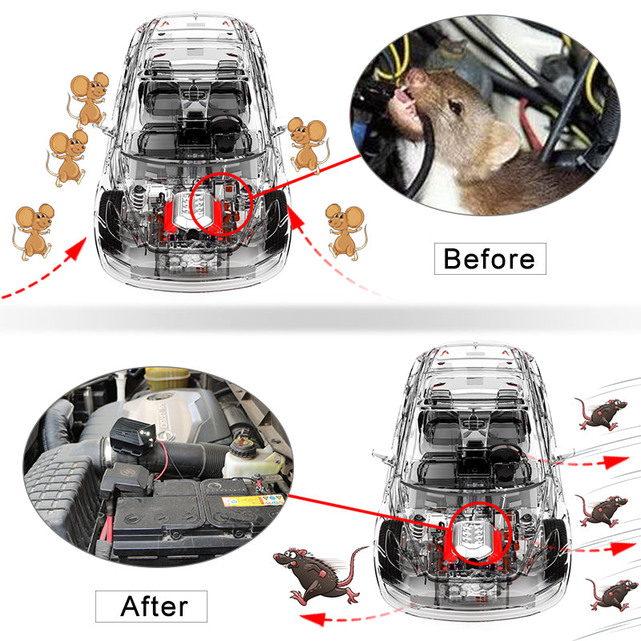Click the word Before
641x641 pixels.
pos(490,258)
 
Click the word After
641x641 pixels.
pos(154,606)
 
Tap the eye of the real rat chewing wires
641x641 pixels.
pos(455,107)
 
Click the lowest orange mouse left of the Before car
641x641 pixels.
pos(33,232)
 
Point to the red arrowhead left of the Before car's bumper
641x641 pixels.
pos(77,249)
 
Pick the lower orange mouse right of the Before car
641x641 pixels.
pos(346,232)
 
